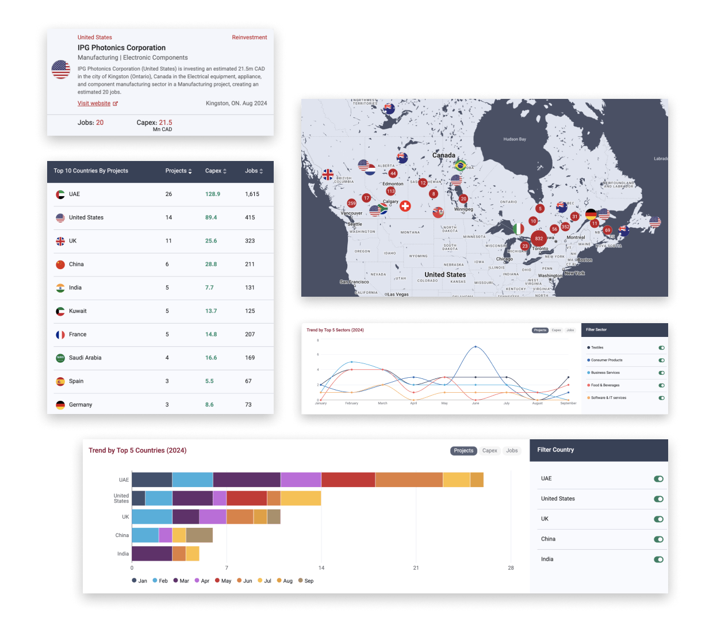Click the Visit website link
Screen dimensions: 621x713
(x=94, y=103)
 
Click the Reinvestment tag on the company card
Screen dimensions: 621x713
(x=249, y=37)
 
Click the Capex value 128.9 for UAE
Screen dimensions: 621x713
(x=212, y=194)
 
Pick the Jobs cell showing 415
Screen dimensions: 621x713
(x=250, y=217)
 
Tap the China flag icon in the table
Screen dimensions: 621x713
(x=60, y=264)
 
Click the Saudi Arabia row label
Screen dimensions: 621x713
(x=85, y=358)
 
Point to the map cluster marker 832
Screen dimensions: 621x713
(x=538, y=238)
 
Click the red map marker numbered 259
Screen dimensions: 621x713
(x=351, y=203)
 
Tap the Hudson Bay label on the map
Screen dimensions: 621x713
(x=514, y=139)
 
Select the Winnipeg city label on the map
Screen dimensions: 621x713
(x=463, y=209)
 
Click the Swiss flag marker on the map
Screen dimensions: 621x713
(x=405, y=206)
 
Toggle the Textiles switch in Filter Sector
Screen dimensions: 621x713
(x=661, y=348)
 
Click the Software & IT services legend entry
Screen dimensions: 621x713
(x=608, y=398)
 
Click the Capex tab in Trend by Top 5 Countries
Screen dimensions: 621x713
(x=489, y=451)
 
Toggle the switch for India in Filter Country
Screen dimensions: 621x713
(x=658, y=559)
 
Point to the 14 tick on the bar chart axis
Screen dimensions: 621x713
(x=321, y=568)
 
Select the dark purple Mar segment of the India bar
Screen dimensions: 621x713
(x=152, y=554)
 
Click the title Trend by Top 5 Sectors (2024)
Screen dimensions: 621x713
(x=335, y=330)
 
